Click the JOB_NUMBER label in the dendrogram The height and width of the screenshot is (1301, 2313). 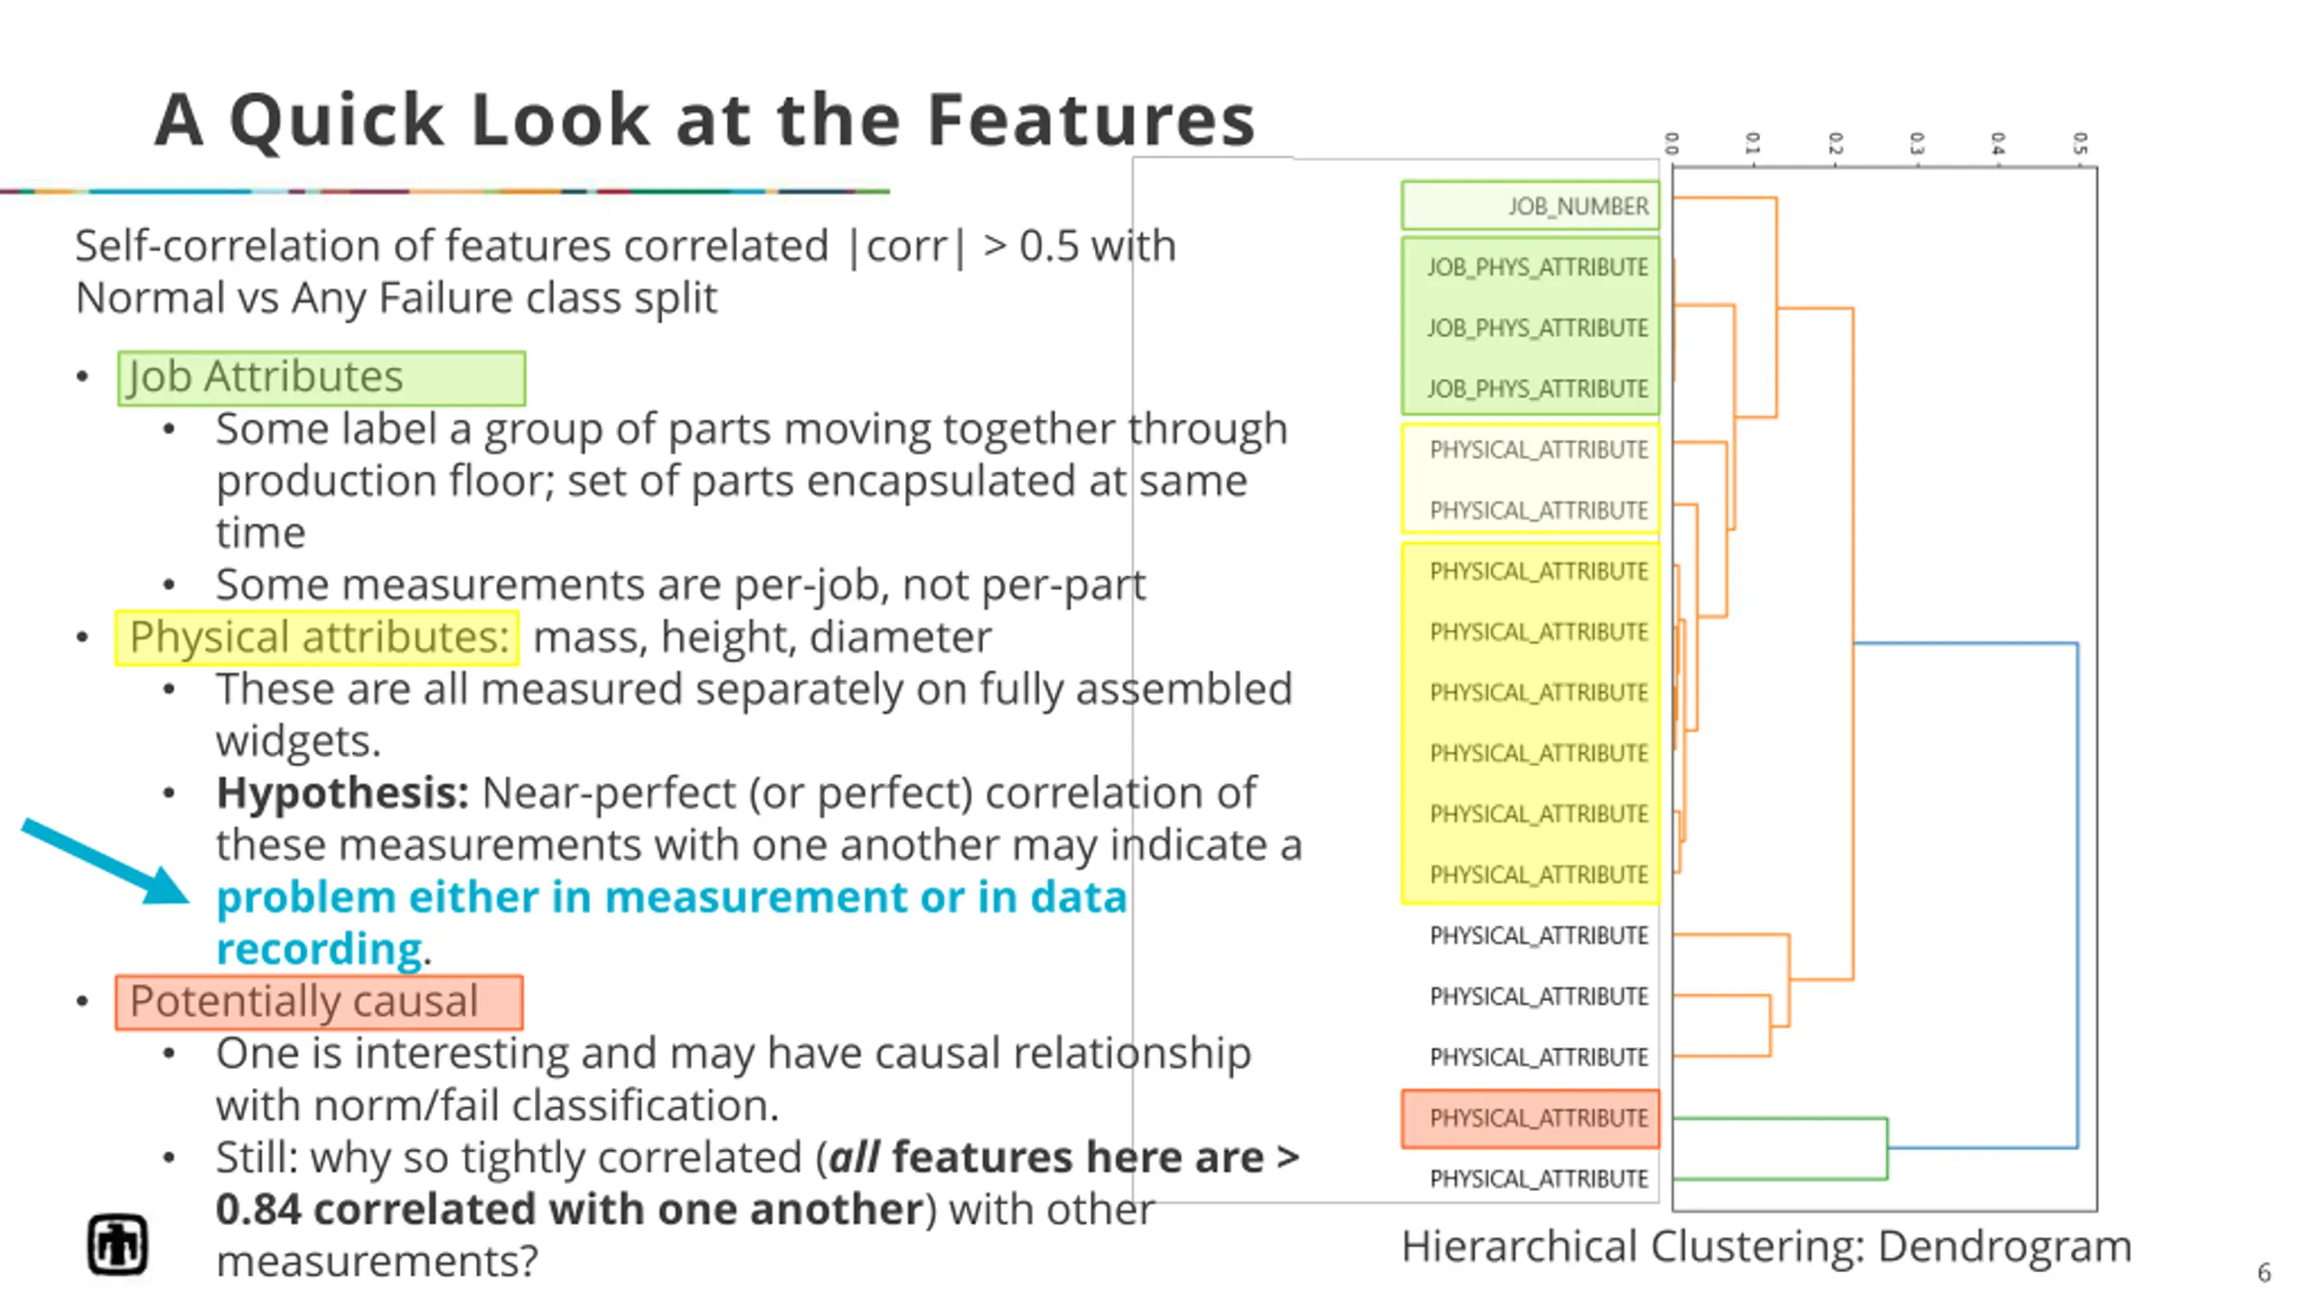(1578, 207)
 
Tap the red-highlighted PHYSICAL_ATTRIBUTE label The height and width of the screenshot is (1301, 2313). (1539, 1118)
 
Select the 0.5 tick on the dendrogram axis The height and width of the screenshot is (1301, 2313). (2079, 144)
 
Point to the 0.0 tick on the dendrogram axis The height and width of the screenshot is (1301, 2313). (1672, 144)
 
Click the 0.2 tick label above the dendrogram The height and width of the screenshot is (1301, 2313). (1835, 144)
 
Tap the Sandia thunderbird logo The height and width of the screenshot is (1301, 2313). (117, 1245)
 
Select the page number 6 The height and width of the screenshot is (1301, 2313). (2263, 1273)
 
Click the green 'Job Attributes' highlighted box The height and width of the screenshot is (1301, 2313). (321, 378)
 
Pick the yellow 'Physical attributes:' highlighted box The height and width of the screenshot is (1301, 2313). (316, 638)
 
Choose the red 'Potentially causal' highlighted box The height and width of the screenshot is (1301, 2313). (319, 1002)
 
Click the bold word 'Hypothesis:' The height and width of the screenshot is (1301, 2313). (342, 793)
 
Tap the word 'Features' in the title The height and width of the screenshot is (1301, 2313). (1091, 120)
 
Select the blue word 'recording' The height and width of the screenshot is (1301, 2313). (319, 950)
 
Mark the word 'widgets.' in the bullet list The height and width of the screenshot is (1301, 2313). (298, 742)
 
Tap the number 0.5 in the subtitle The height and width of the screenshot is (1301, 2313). (1049, 246)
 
